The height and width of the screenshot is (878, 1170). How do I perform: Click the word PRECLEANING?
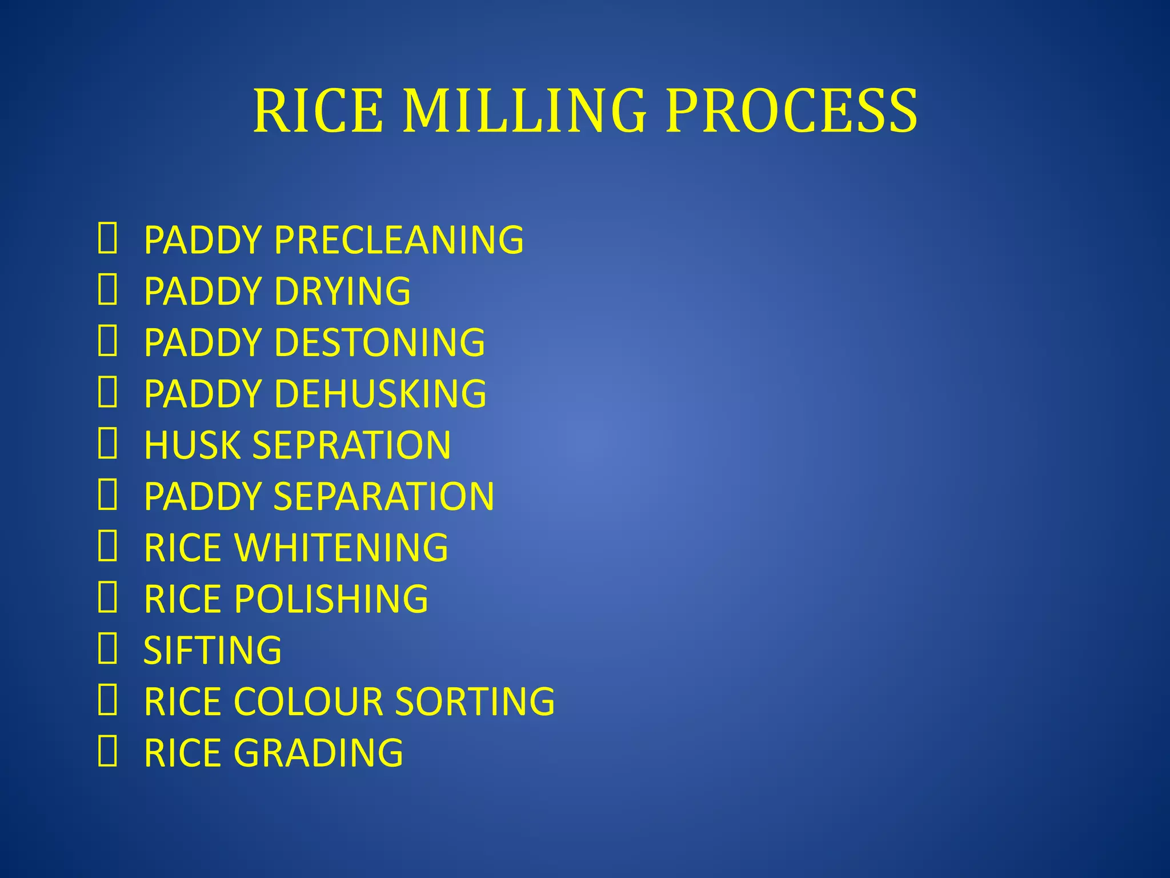click(x=399, y=240)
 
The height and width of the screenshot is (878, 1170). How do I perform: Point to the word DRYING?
click(x=342, y=291)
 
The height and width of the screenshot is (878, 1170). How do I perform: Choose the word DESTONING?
click(x=380, y=342)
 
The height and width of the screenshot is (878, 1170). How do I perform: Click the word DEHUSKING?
click(x=380, y=394)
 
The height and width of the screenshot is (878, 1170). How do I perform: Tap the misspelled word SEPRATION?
click(x=351, y=445)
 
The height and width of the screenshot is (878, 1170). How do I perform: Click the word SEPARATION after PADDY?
click(x=384, y=496)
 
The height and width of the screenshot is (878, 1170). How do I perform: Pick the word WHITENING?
click(x=342, y=548)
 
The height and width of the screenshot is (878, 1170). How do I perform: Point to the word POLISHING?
click(x=331, y=599)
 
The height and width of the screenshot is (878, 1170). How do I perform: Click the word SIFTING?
click(x=213, y=650)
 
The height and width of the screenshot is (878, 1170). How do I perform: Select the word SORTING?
click(x=475, y=701)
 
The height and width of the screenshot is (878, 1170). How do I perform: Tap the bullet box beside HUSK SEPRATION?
click(x=107, y=444)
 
